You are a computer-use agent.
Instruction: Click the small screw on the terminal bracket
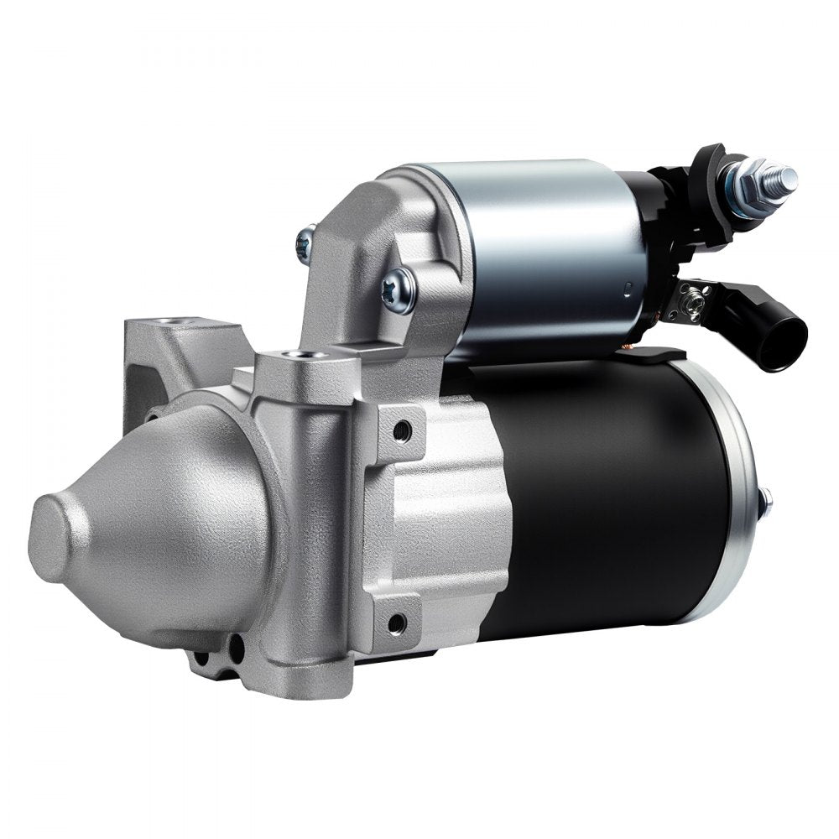(694, 293)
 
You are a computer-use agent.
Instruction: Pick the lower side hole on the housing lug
(397, 623)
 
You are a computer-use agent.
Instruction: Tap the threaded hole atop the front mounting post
(290, 356)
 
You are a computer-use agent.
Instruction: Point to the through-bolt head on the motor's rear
(767, 503)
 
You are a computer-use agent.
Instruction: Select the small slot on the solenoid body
(626, 289)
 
